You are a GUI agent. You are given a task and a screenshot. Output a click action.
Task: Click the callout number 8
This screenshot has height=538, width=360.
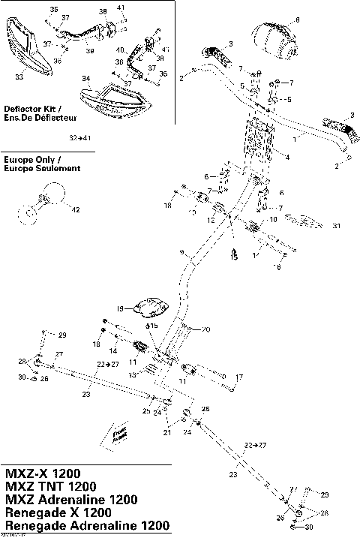click(297, 20)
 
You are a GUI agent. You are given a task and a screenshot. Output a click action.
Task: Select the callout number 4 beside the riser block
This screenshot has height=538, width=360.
click(286, 158)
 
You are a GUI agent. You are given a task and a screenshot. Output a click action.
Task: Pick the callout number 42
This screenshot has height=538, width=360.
click(74, 211)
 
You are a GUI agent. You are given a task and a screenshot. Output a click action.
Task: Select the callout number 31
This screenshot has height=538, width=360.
click(337, 226)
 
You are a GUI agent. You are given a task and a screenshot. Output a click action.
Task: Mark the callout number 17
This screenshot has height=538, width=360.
click(239, 377)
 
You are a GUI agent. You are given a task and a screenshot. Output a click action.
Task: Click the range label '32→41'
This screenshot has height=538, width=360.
click(79, 139)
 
